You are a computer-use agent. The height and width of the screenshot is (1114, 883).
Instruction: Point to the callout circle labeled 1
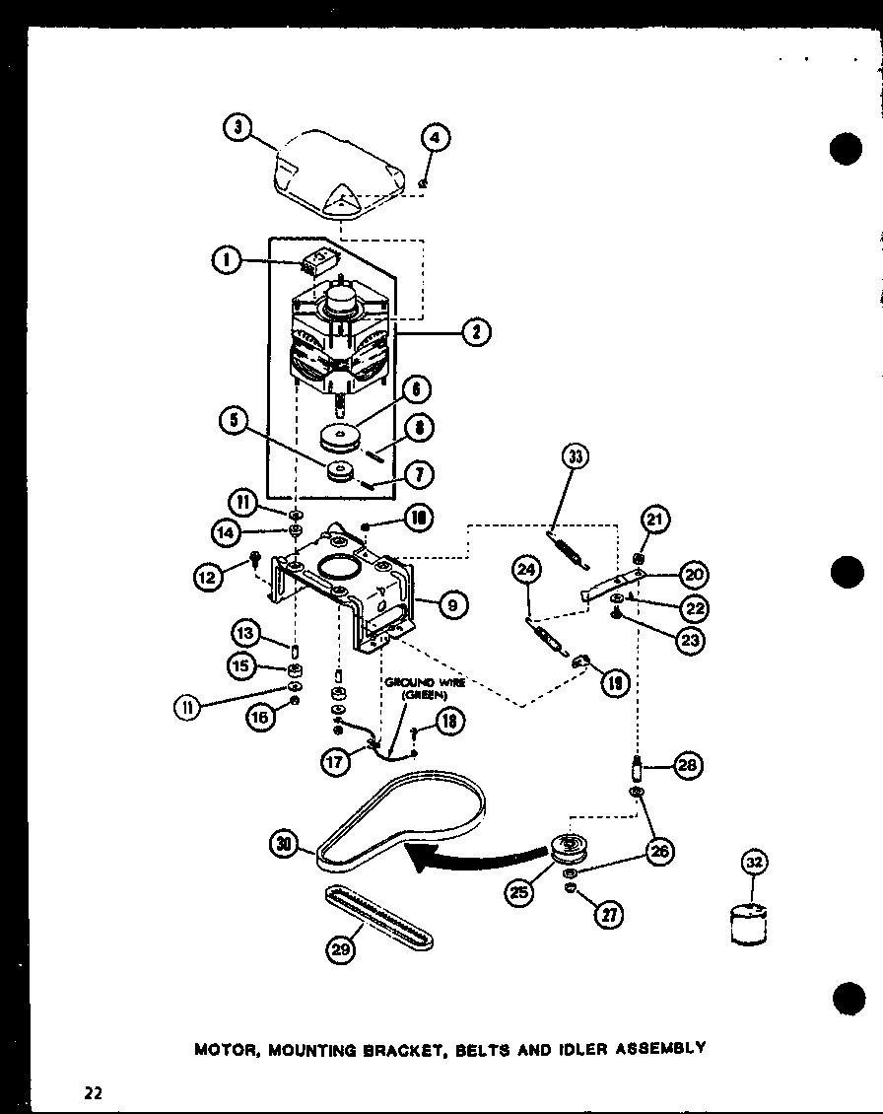(x=226, y=260)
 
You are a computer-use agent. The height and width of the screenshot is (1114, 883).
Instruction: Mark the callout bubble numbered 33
(x=575, y=456)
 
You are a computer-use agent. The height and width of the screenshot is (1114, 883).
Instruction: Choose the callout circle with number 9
(x=449, y=605)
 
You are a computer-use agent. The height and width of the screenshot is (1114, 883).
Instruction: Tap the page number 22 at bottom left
(x=94, y=1091)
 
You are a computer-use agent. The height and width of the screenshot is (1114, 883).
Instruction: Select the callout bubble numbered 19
(x=614, y=683)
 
